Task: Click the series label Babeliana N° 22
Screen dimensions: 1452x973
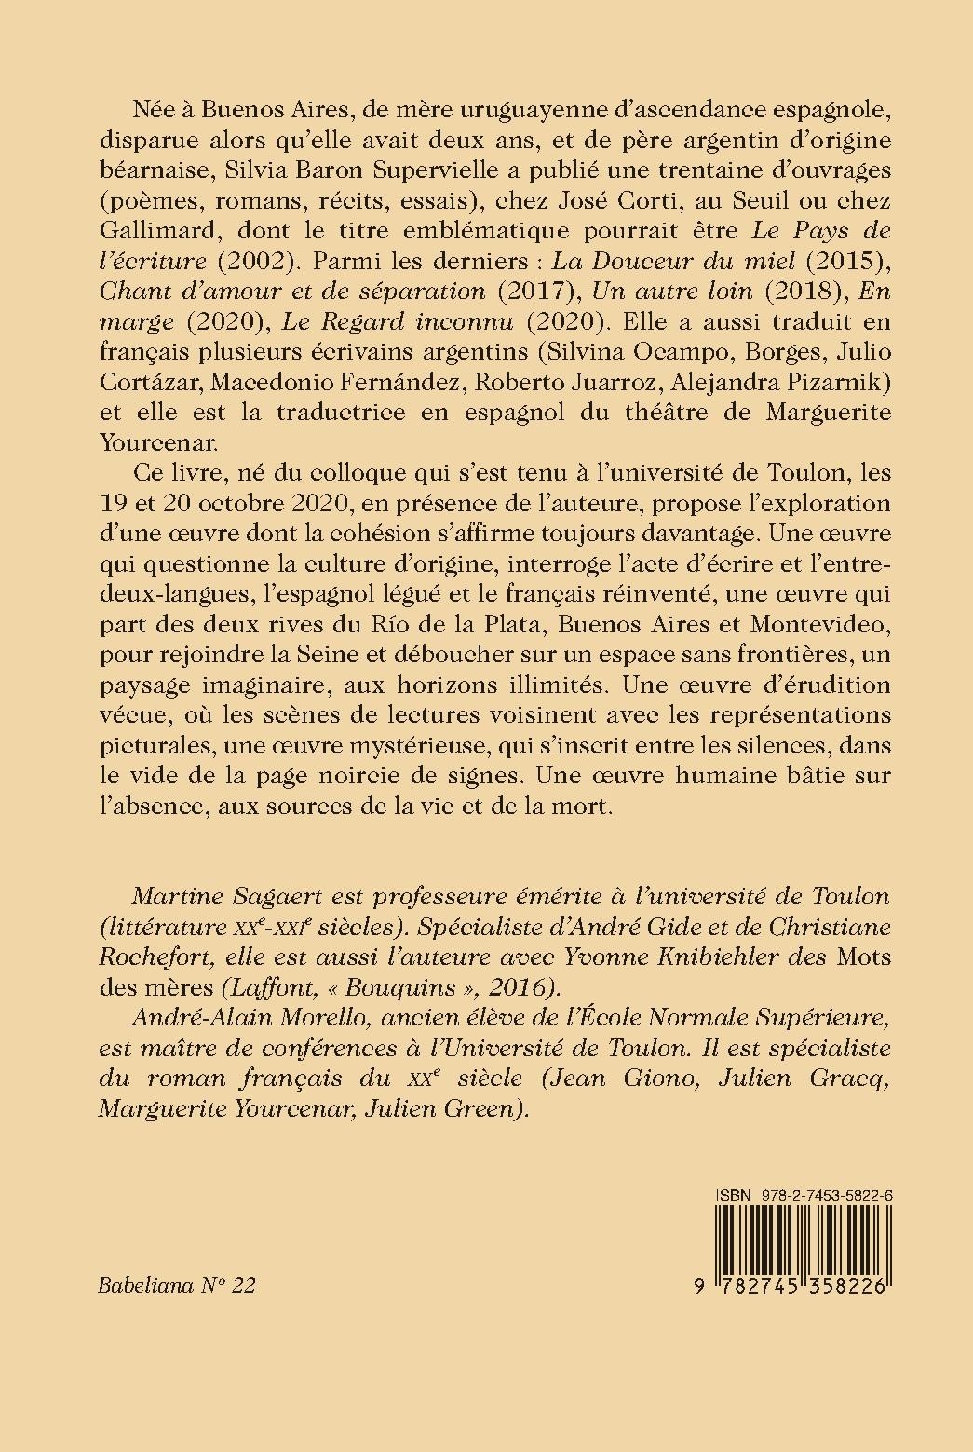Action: [x=176, y=1285]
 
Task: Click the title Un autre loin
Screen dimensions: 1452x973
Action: [x=672, y=292]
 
